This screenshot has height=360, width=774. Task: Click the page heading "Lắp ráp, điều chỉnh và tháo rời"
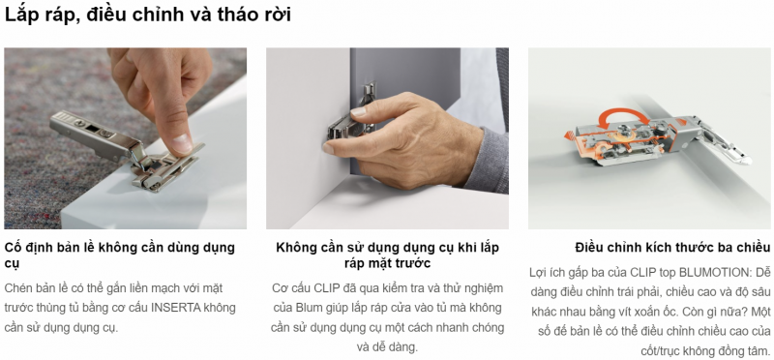coord(148,15)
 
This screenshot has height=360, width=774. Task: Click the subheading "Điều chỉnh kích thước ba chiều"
coord(672,248)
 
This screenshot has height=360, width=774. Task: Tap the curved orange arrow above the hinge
coord(623,111)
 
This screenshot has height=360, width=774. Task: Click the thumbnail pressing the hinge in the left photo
coord(182,142)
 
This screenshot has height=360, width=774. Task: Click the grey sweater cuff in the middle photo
coord(486,161)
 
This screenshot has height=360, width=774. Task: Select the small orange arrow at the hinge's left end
coord(570,135)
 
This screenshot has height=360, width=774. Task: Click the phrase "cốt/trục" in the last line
coord(660,351)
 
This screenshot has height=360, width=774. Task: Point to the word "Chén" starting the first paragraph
coord(16,287)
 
